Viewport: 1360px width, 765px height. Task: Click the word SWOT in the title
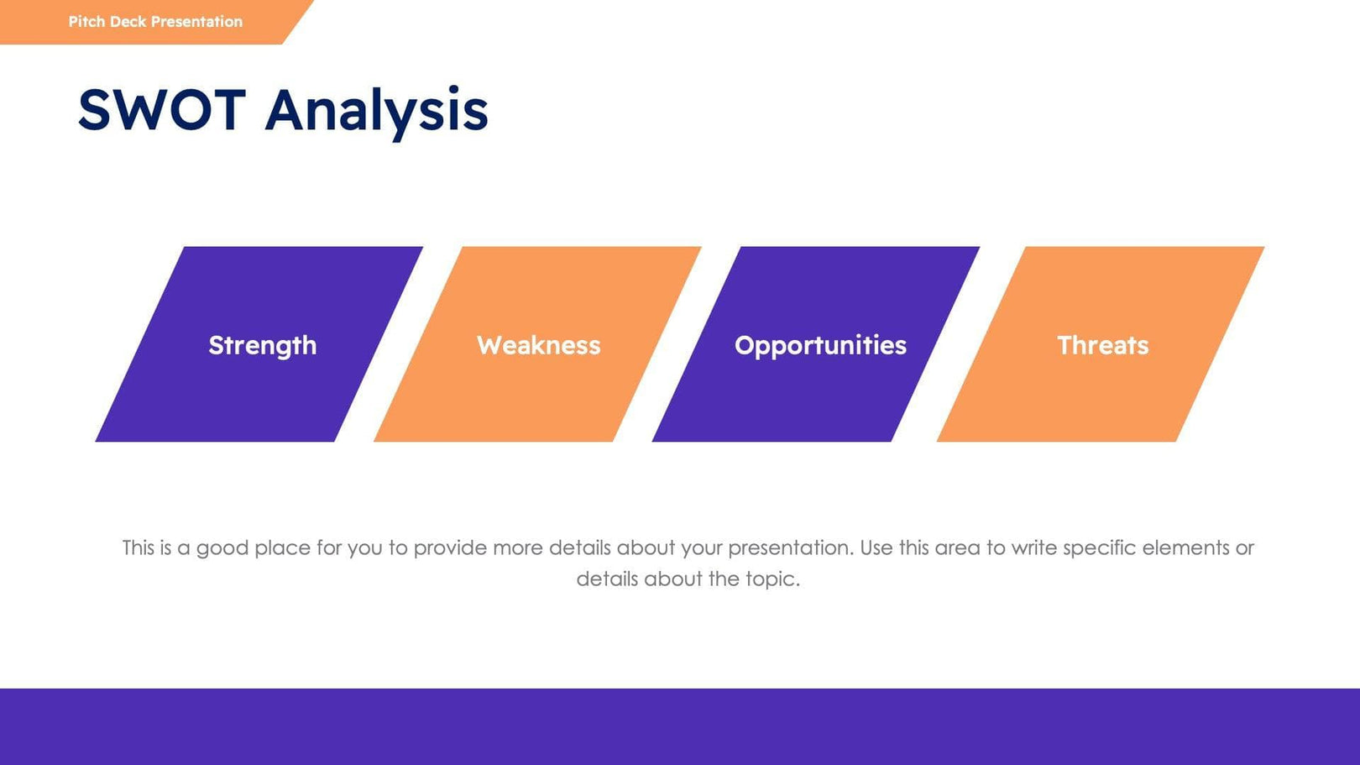click(161, 110)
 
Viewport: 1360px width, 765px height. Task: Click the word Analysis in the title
click(376, 110)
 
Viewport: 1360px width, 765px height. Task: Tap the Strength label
click(262, 345)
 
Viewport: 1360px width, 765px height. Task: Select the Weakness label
click(538, 345)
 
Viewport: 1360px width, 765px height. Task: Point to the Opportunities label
click(820, 345)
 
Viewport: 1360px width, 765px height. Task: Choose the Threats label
click(1102, 345)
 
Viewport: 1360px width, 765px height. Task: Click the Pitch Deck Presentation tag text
click(155, 22)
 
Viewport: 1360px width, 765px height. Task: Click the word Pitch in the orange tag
click(86, 22)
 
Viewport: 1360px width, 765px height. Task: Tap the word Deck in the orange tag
click(128, 22)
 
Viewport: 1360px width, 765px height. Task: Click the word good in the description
click(222, 548)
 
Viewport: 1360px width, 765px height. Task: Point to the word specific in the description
click(1099, 548)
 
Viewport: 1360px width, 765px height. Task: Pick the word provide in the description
click(450, 548)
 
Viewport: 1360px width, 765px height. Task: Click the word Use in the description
click(876, 548)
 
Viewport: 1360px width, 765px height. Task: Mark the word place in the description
click(282, 548)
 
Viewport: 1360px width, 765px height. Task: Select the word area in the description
click(957, 548)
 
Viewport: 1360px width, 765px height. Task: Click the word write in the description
click(1033, 548)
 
